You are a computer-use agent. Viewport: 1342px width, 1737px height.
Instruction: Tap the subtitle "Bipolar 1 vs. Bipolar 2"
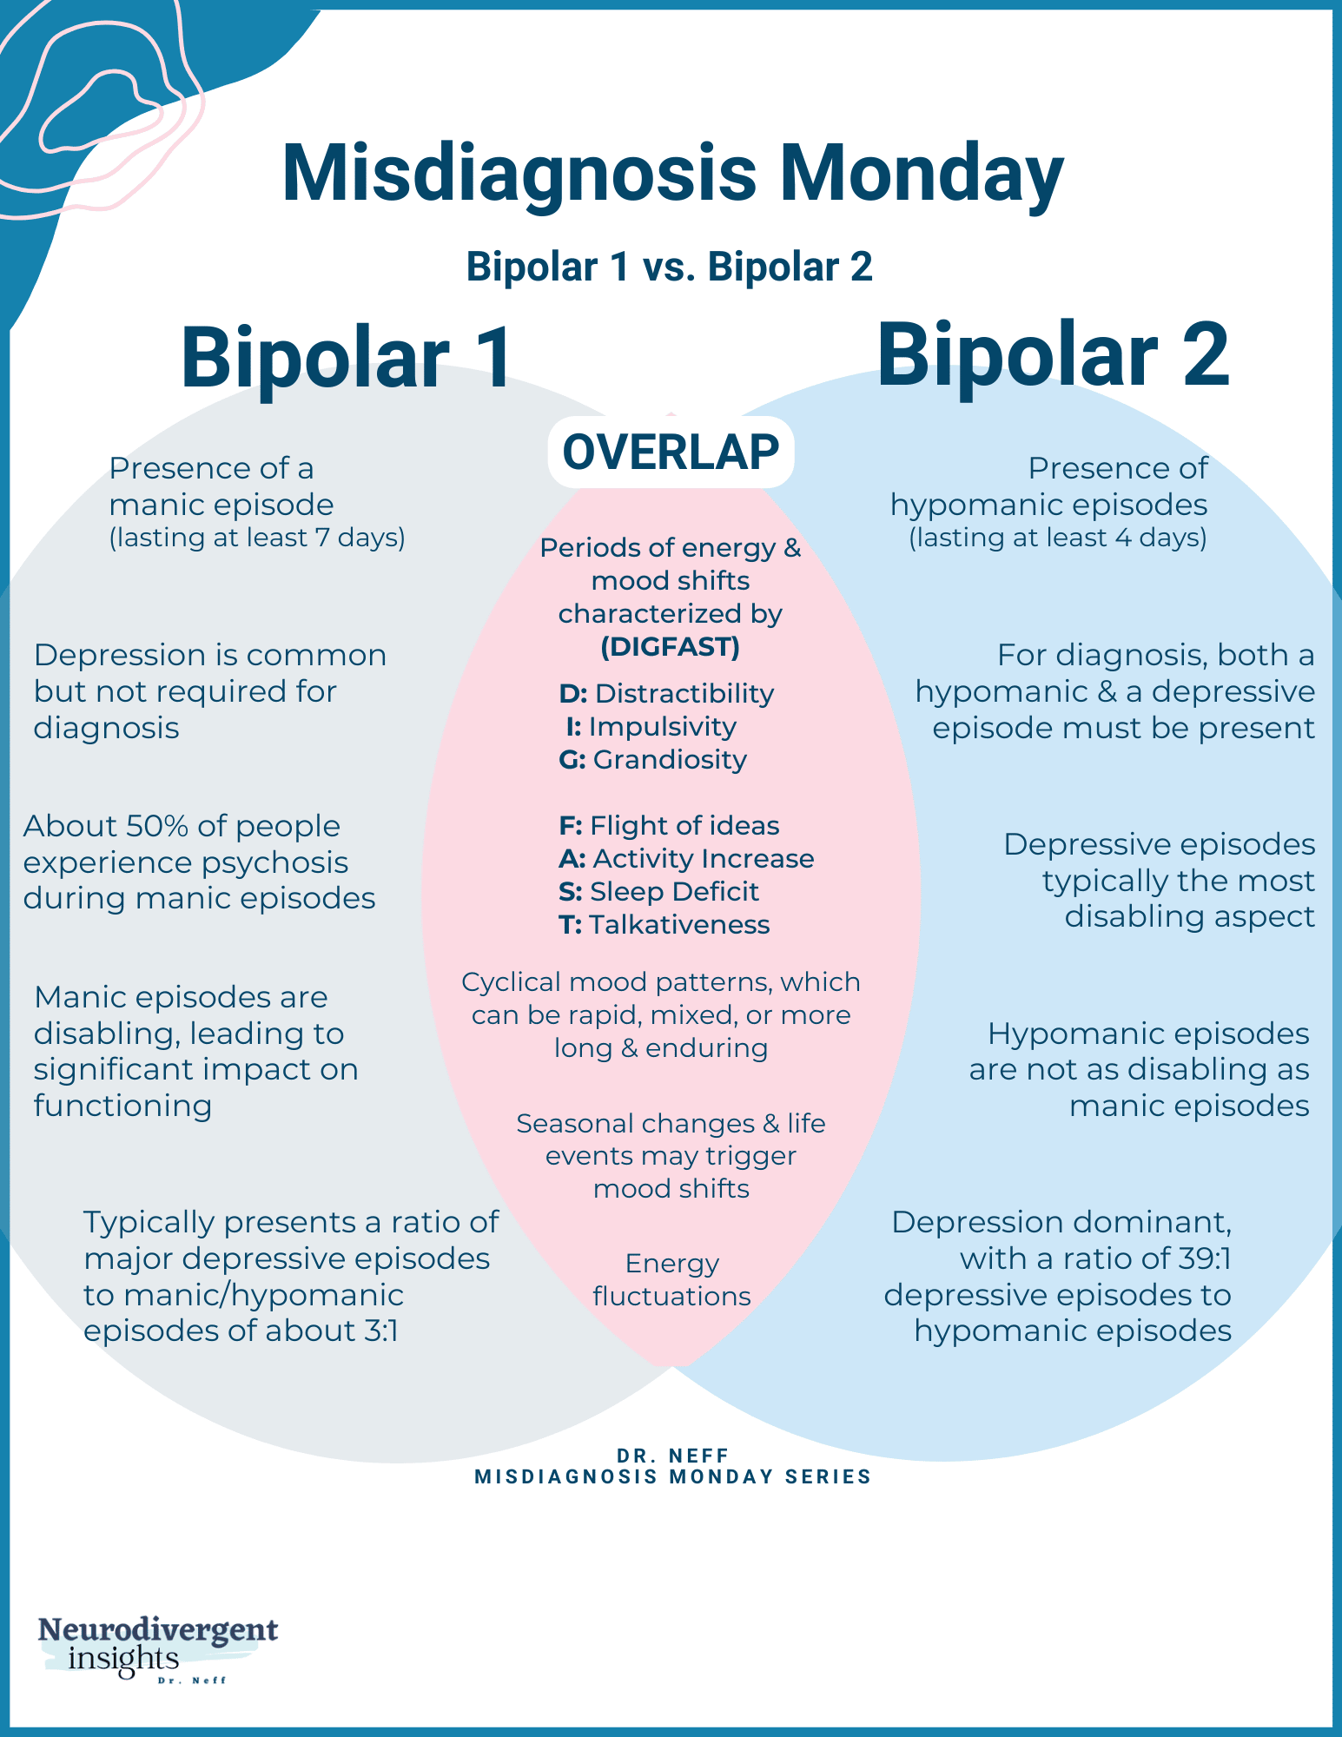(x=669, y=267)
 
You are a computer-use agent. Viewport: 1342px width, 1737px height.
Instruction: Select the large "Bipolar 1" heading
(x=347, y=358)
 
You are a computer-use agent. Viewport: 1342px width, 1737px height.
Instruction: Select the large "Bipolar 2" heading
(x=1053, y=356)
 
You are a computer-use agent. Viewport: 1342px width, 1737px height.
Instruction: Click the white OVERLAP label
(x=671, y=452)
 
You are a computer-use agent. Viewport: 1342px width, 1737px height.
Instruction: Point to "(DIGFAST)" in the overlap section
(x=671, y=647)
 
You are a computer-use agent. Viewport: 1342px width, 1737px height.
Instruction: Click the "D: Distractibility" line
(x=666, y=694)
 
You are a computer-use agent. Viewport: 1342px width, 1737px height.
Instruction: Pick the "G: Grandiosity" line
(x=653, y=760)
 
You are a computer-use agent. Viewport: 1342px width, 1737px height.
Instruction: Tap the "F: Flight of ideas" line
(x=669, y=826)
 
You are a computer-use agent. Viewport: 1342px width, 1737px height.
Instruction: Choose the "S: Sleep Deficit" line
(x=658, y=892)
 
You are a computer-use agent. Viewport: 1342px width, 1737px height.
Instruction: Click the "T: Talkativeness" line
(x=664, y=925)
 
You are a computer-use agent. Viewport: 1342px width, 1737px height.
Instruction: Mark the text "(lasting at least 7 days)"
(x=257, y=538)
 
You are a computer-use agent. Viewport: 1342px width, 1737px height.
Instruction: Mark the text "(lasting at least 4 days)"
(x=1058, y=538)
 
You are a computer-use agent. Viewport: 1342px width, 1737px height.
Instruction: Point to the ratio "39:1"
(x=1200, y=1258)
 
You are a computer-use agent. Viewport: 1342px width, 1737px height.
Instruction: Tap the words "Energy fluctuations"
(x=671, y=1280)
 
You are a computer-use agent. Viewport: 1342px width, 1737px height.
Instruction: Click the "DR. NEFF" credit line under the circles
(x=672, y=1456)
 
